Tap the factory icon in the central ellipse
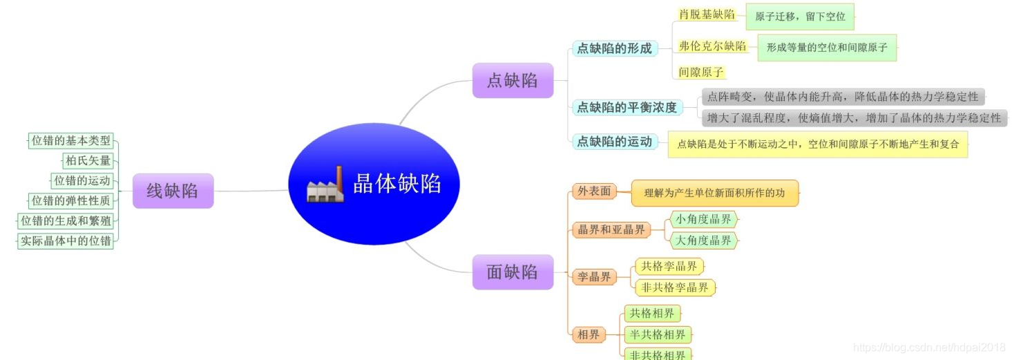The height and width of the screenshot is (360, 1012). pos(325,184)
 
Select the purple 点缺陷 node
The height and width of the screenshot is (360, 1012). pos(513,80)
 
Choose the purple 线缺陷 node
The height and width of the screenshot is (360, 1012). pos(173,191)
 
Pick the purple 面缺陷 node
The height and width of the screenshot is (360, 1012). pos(513,272)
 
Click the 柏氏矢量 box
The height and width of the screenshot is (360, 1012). pos(88,161)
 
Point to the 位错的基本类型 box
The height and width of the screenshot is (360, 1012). pos(70,141)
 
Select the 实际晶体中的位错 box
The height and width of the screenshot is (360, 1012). pos(66,241)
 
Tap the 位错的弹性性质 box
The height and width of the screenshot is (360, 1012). pos(70,201)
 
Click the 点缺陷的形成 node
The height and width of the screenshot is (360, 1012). pos(614,48)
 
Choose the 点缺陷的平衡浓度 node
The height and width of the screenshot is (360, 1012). pos(627,107)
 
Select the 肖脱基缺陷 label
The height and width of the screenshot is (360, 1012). pos(707,15)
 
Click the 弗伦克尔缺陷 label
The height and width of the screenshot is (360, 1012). pos(712,46)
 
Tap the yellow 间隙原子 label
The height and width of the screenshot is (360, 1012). pos(701,72)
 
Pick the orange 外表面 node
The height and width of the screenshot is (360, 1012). pos(594,191)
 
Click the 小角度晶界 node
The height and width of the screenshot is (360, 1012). pos(703,220)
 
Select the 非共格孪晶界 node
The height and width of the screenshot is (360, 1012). pos(675,287)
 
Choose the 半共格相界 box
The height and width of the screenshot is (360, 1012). pos(657,335)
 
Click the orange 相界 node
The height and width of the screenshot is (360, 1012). pos(589,335)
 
